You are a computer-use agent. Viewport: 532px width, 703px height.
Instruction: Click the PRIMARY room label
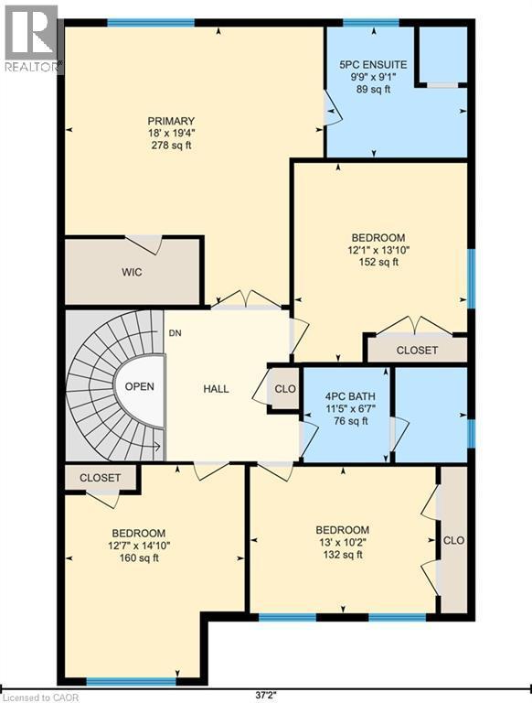[x=171, y=121]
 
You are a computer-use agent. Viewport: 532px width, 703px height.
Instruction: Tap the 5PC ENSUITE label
[x=373, y=65]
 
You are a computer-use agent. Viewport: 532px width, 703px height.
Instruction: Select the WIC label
[x=132, y=272]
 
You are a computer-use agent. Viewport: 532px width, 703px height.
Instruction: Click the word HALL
[x=216, y=389]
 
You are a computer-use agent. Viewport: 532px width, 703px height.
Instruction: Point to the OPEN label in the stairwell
[x=139, y=386]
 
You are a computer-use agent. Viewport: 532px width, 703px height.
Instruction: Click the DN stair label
[x=176, y=333]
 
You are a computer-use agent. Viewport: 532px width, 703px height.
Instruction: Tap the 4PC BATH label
[x=350, y=396]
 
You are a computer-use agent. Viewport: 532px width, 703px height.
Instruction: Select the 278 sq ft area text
[x=171, y=146]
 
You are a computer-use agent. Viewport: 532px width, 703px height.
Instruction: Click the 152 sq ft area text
[x=378, y=263]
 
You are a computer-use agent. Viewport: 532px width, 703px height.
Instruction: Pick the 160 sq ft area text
[x=139, y=558]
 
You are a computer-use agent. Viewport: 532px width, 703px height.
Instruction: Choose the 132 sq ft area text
[x=343, y=555]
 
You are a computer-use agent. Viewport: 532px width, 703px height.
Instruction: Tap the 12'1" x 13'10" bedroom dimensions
[x=378, y=250]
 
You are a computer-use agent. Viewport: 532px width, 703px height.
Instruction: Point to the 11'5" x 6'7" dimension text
[x=350, y=408]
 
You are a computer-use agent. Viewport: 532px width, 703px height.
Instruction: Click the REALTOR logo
[x=31, y=38]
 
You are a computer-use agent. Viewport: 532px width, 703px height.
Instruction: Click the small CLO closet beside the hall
[x=285, y=389]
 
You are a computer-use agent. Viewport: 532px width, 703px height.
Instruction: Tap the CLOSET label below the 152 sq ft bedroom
[x=417, y=350]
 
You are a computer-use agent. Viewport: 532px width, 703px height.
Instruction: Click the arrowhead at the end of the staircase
[x=156, y=446]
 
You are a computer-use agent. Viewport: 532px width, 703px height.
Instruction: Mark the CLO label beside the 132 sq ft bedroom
[x=453, y=540]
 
